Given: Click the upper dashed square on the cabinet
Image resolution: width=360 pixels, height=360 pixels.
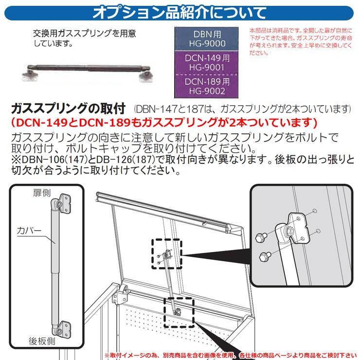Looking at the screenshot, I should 166,253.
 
